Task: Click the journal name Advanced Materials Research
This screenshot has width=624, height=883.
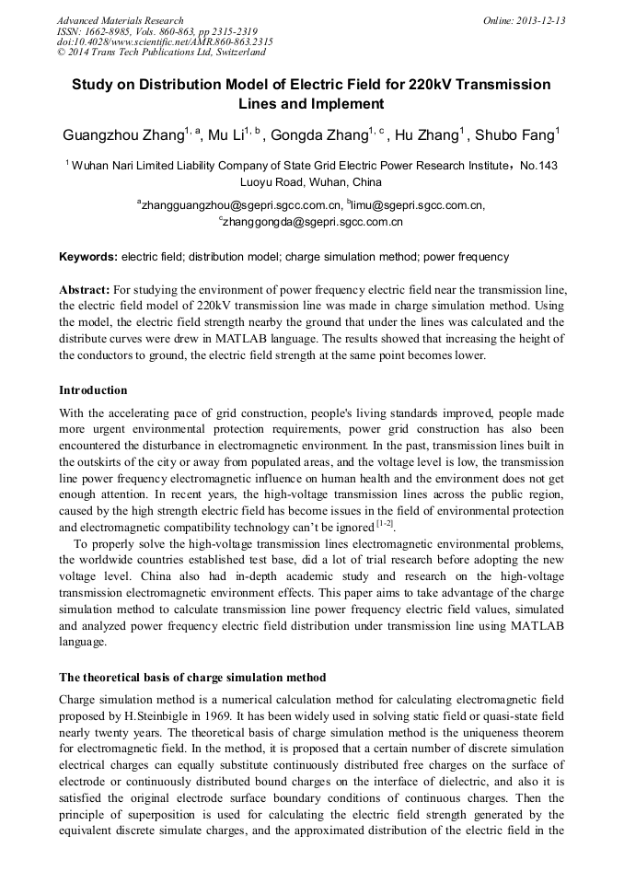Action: click(120, 20)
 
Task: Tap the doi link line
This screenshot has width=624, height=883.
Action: click(165, 42)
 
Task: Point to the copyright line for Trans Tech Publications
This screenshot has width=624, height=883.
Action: click(161, 52)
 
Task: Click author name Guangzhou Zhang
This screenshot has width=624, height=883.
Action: click(122, 135)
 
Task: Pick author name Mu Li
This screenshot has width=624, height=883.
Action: click(225, 135)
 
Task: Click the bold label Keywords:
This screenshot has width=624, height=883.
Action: click(88, 256)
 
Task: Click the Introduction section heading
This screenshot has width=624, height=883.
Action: click(93, 390)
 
